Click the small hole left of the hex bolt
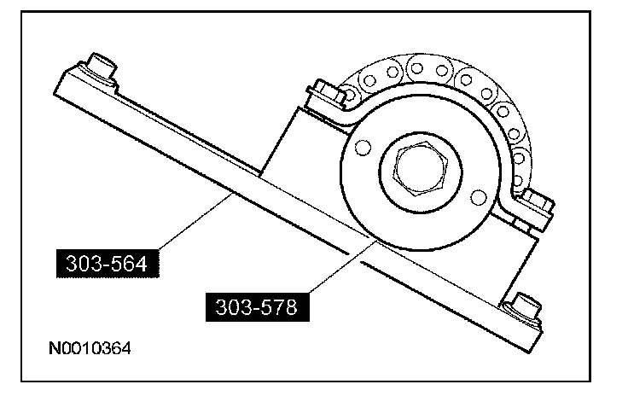coord(362,149)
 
